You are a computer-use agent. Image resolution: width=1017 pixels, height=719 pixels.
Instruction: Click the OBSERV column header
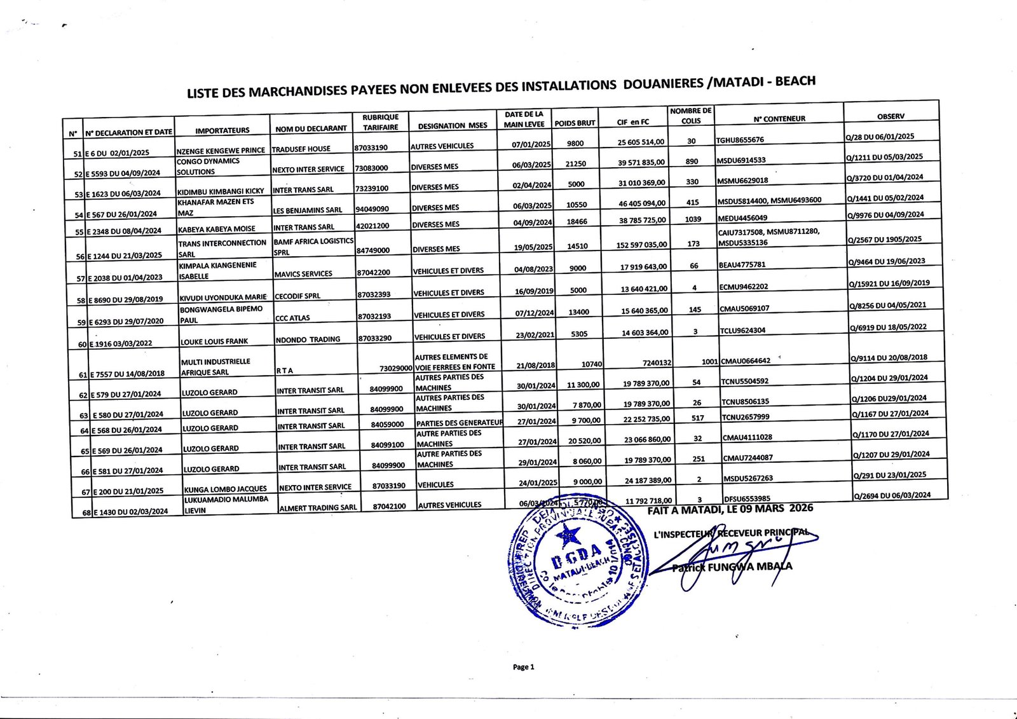click(890, 116)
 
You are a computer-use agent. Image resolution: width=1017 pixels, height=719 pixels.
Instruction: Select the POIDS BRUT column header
click(575, 123)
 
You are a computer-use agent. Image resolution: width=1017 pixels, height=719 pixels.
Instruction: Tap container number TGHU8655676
click(740, 140)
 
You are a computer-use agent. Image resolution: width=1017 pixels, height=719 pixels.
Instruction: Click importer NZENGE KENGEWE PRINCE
click(221, 151)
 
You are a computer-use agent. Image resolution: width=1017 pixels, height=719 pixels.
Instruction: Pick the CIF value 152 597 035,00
click(643, 245)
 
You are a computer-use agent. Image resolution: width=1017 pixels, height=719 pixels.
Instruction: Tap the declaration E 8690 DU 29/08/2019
click(125, 299)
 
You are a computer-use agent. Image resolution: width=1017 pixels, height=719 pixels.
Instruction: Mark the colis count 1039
click(693, 219)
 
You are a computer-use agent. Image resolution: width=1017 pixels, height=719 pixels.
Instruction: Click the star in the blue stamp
click(568, 536)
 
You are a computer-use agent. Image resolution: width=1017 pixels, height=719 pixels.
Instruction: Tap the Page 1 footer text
click(523, 667)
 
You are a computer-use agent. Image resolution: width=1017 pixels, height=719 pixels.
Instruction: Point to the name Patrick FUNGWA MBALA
click(732, 567)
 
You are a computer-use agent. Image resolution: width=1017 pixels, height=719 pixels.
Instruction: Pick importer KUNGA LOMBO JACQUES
click(225, 490)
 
